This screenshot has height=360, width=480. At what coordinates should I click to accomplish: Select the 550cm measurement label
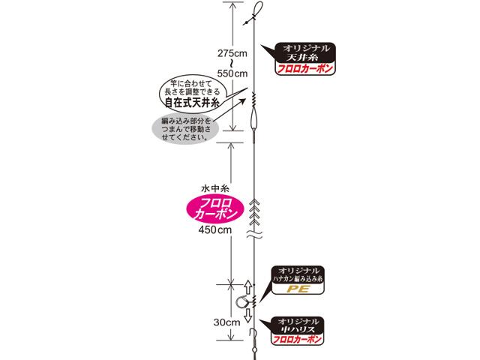pyautogui.click(x=231, y=73)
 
